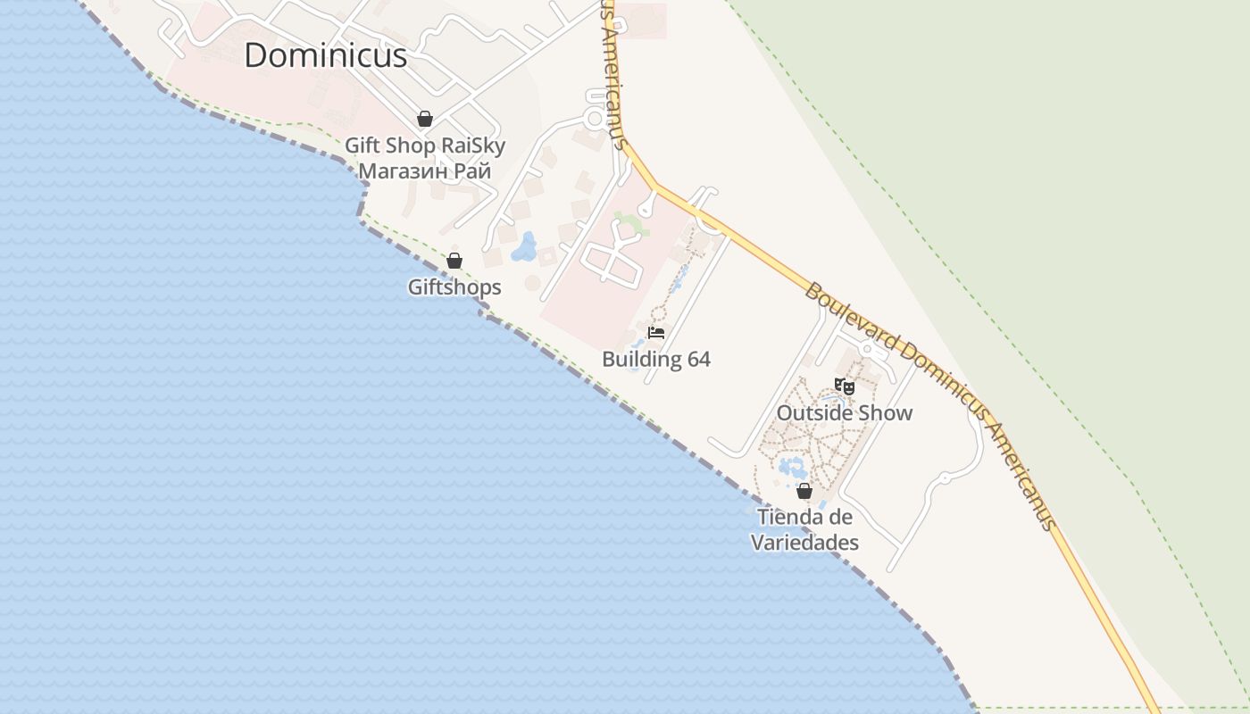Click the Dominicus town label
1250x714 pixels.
(x=326, y=55)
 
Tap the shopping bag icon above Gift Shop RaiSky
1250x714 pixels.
(x=425, y=119)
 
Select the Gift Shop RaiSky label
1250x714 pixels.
(x=425, y=145)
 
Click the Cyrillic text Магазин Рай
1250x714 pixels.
(x=425, y=170)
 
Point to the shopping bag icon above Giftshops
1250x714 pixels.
(x=454, y=261)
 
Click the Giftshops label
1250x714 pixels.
(x=454, y=287)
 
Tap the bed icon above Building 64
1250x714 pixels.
(x=656, y=333)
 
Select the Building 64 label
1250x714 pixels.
(x=656, y=360)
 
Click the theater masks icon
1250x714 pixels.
(x=845, y=386)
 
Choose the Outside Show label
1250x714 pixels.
(x=845, y=413)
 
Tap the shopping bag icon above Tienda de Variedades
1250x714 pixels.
(x=804, y=491)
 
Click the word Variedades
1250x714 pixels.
(x=804, y=543)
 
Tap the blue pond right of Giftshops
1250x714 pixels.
(x=524, y=247)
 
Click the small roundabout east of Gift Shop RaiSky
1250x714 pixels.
(x=595, y=117)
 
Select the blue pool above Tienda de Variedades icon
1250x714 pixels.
(x=791, y=467)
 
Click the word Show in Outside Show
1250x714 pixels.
(x=884, y=413)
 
